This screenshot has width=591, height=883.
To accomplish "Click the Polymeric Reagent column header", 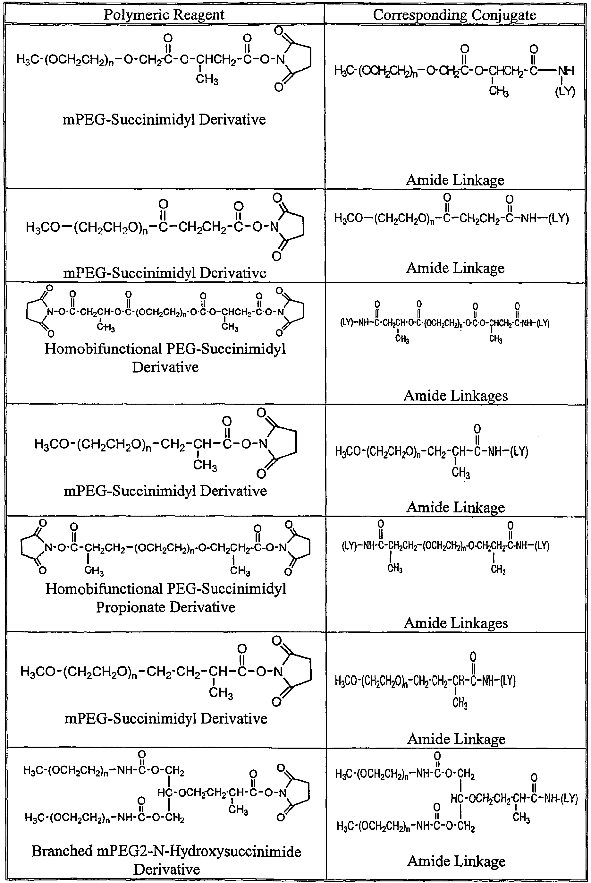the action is coord(164,14).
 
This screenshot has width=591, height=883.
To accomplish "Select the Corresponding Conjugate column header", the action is coord(455,15).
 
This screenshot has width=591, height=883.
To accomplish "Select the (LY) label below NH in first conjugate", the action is coord(565,92).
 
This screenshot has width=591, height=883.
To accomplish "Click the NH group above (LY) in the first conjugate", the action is coord(565,70).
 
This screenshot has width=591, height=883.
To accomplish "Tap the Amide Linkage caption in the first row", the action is coord(455,180).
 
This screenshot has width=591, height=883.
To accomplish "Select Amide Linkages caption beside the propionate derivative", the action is coord(456,623).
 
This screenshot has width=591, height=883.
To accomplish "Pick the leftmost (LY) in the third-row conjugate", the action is coord(347,323).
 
